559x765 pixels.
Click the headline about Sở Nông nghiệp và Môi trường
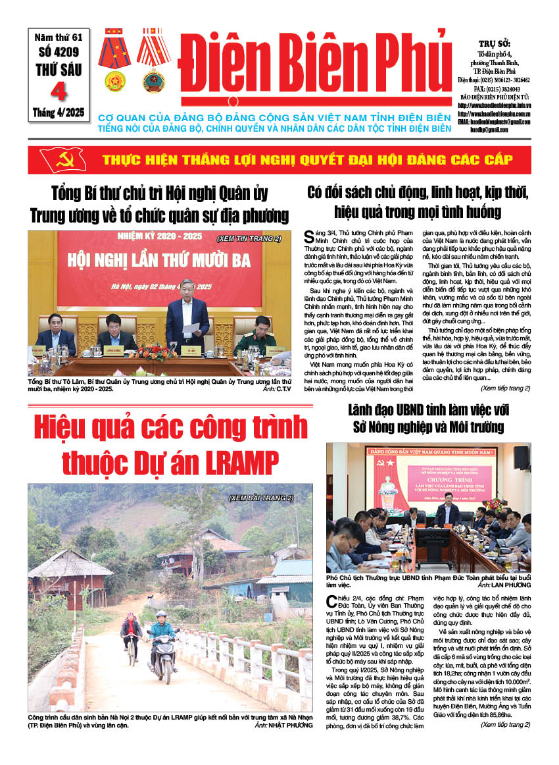coord(428,418)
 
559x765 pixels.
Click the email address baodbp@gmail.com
coord(503,130)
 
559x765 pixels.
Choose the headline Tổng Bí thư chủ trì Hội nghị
coord(159,204)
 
